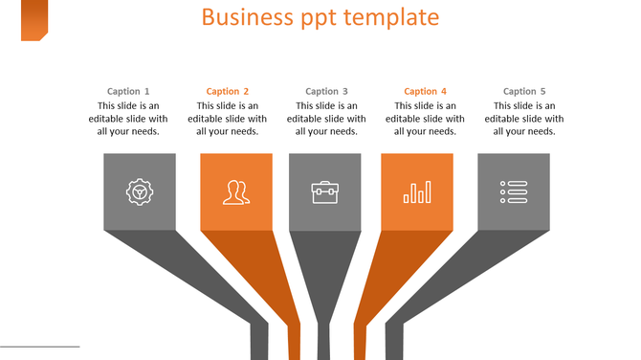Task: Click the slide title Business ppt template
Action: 320,17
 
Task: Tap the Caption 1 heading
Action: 128,92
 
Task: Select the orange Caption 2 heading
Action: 228,92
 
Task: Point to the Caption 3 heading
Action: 326,92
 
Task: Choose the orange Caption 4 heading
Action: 426,92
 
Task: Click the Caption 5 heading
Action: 524,92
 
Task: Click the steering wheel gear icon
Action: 140,191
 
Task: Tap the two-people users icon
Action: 236,192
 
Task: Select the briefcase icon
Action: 325,192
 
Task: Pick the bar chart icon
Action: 417,192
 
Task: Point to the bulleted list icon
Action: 514,192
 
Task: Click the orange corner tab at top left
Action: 34,20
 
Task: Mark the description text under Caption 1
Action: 128,119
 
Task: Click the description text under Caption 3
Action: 326,119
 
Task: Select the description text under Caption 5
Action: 524,119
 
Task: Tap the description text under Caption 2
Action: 228,119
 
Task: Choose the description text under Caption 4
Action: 426,119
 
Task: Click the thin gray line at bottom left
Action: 39,347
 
